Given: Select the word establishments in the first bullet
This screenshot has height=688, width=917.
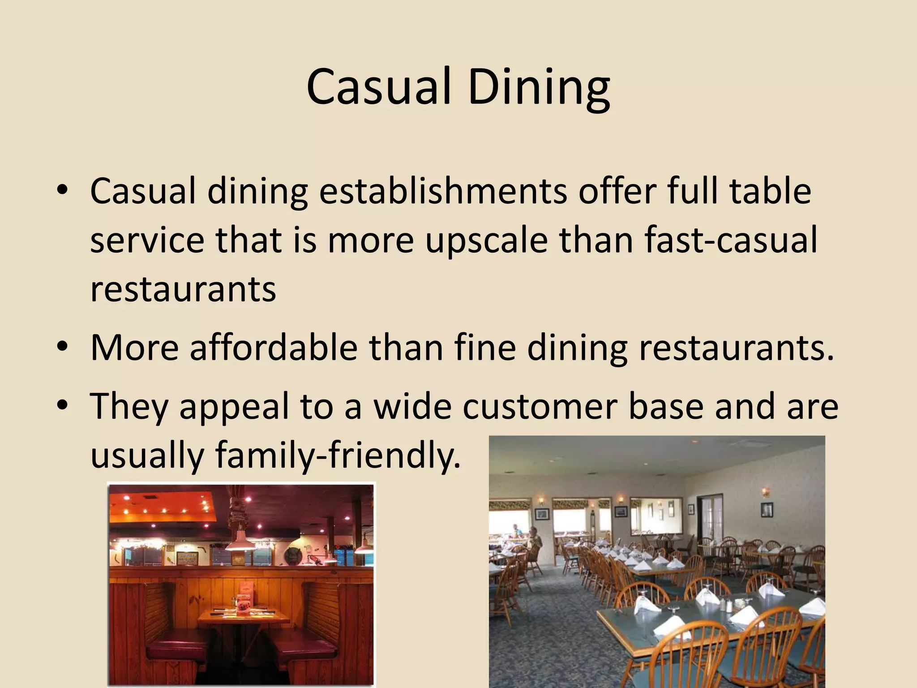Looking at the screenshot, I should [443, 191].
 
